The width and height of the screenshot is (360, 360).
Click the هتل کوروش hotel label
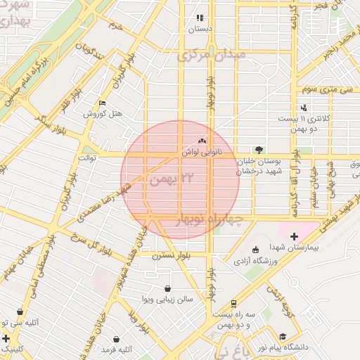[103, 113]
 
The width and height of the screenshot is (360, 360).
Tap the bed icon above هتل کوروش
[103, 103]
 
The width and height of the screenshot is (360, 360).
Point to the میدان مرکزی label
[211, 55]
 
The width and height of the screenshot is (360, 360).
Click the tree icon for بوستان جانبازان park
[259, 150]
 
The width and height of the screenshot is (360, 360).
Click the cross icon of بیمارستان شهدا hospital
[294, 236]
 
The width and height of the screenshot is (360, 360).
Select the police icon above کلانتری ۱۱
[304, 108]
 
